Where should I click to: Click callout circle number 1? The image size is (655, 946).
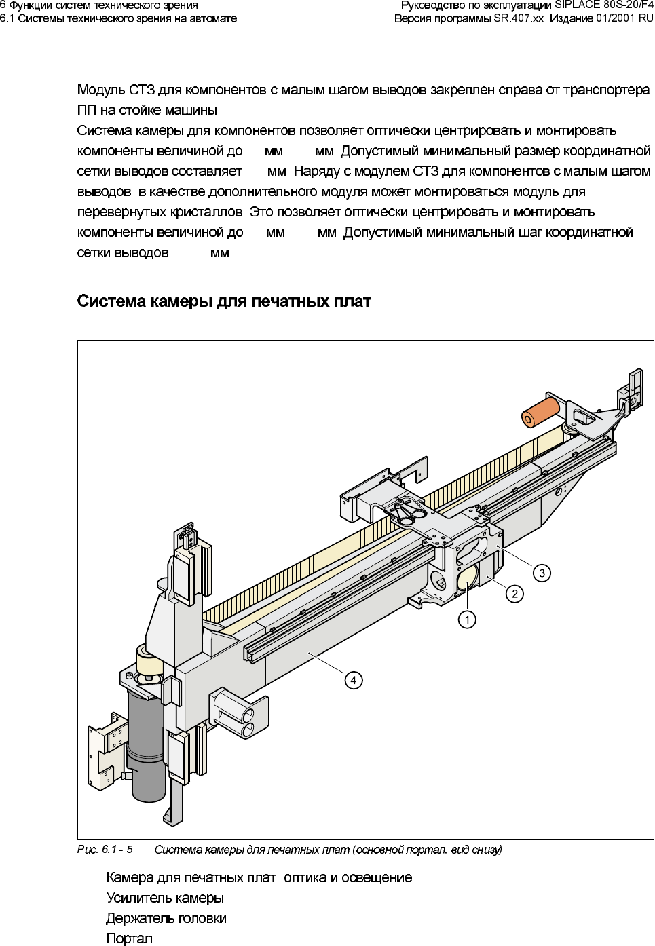467,619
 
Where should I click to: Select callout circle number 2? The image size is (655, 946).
514,594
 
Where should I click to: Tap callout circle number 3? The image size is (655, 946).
542,573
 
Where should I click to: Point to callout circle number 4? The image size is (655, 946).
353,679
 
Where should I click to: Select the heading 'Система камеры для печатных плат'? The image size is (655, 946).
224,301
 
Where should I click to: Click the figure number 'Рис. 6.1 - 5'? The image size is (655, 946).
105,849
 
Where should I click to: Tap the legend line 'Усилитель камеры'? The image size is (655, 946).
165,898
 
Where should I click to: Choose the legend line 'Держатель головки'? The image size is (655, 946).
166,918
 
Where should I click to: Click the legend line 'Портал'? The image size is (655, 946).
130,939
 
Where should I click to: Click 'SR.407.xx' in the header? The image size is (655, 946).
518,18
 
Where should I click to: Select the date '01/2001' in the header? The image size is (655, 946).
612,18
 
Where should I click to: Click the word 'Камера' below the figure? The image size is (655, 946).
130,877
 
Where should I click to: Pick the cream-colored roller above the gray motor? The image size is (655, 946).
148,661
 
